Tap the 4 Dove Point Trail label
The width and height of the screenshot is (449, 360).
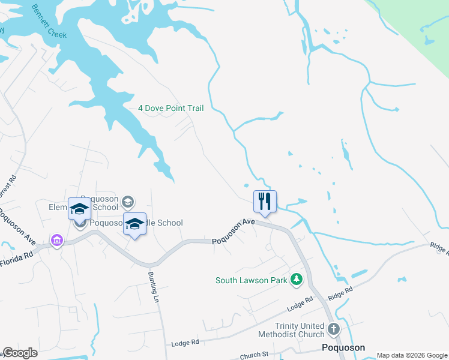tap(171, 109)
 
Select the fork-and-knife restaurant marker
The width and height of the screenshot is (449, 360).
tap(265, 202)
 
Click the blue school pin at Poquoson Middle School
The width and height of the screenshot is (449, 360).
tap(134, 225)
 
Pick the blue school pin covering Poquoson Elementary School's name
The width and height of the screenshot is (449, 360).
tap(79, 209)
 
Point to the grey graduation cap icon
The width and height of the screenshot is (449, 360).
tap(127, 202)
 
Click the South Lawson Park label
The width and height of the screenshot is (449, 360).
tap(252, 280)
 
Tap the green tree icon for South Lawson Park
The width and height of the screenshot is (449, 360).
tap(296, 280)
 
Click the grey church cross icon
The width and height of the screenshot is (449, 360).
tap(333, 329)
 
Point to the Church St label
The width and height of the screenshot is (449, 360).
tap(253, 355)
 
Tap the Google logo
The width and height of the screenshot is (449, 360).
tap(20, 353)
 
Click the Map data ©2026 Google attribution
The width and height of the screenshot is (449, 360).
tap(411, 355)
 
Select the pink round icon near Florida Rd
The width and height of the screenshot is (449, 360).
tap(57, 241)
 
